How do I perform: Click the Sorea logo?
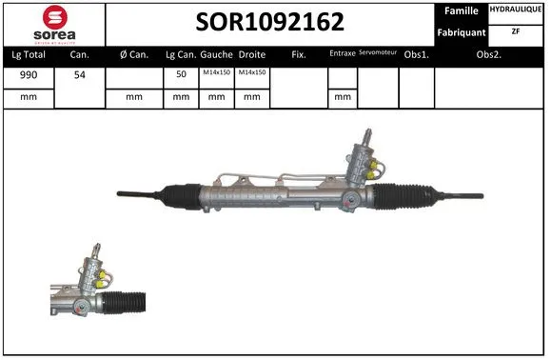tap(53, 23)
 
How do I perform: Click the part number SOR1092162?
tap(270, 22)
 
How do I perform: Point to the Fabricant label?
tap(462, 31)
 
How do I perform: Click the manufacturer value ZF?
tap(516, 31)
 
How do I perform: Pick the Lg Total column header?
tap(29, 54)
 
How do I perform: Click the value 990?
tap(29, 73)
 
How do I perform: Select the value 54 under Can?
tap(79, 73)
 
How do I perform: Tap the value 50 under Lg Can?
tap(181, 73)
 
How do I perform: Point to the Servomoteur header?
tap(377, 53)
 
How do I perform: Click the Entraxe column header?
tap(342, 54)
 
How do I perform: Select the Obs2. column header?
tap(489, 54)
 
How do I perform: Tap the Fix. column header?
tap(298, 54)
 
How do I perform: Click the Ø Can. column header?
tap(133, 54)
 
